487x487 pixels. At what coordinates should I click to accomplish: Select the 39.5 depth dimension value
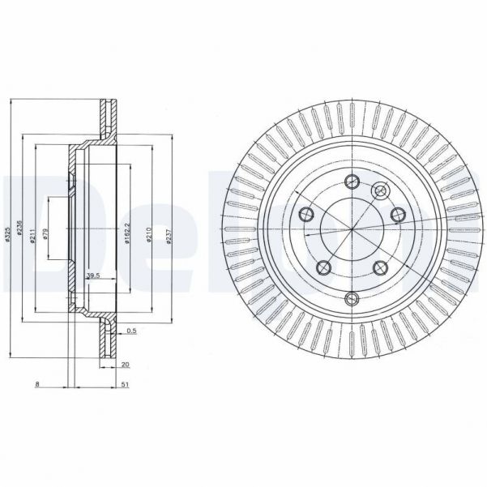92,276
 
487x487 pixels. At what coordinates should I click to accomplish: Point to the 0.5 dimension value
131,331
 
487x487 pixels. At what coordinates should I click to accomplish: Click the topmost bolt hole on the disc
351,181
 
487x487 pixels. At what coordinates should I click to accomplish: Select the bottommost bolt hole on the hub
351,299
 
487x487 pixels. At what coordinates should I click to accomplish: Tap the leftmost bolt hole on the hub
306,214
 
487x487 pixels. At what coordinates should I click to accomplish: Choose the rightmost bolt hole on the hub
397,214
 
